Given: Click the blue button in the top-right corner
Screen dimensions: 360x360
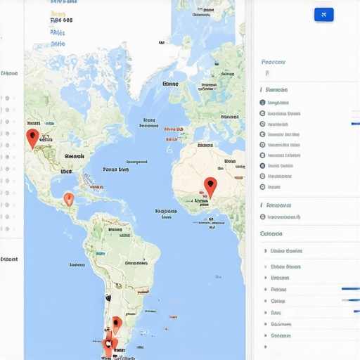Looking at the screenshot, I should (324, 14).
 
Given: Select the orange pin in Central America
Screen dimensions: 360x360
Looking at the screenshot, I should (68, 199).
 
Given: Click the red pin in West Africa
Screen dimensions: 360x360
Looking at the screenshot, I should (210, 186).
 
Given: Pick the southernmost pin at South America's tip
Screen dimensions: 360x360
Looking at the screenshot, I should (108, 345).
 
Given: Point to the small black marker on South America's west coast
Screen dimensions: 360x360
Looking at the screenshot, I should (108, 297).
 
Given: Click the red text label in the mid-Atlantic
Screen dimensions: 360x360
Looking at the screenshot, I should (173, 129).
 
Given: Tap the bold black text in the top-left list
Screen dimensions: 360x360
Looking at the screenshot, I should (61, 21).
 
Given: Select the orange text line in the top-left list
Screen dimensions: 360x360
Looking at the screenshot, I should (58, 12).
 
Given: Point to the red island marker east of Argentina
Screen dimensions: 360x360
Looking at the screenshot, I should (171, 317).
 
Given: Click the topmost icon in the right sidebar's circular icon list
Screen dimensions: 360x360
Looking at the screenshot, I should (262, 102).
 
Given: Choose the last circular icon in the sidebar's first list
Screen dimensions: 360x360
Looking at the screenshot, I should (262, 187).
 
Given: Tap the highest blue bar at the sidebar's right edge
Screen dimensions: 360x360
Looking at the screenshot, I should (355, 124).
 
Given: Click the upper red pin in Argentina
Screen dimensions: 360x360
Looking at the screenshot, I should (117, 324).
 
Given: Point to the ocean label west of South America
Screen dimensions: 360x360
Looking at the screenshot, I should (77, 265).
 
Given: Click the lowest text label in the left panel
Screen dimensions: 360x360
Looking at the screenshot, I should (9, 259).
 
